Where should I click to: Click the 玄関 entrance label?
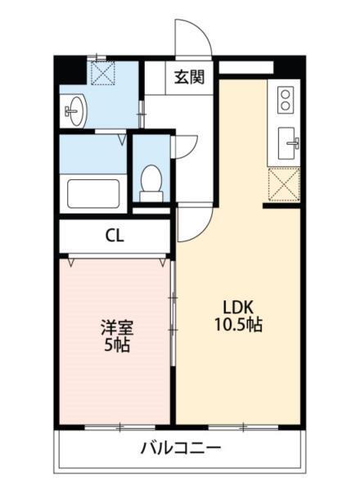pyautogui.click(x=188, y=79)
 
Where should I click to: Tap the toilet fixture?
pyautogui.click(x=151, y=181)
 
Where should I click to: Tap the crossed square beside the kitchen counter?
pyautogui.click(x=284, y=183)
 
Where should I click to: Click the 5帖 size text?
pyautogui.click(x=116, y=345)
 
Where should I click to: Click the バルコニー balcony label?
pyautogui.click(x=179, y=448)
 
